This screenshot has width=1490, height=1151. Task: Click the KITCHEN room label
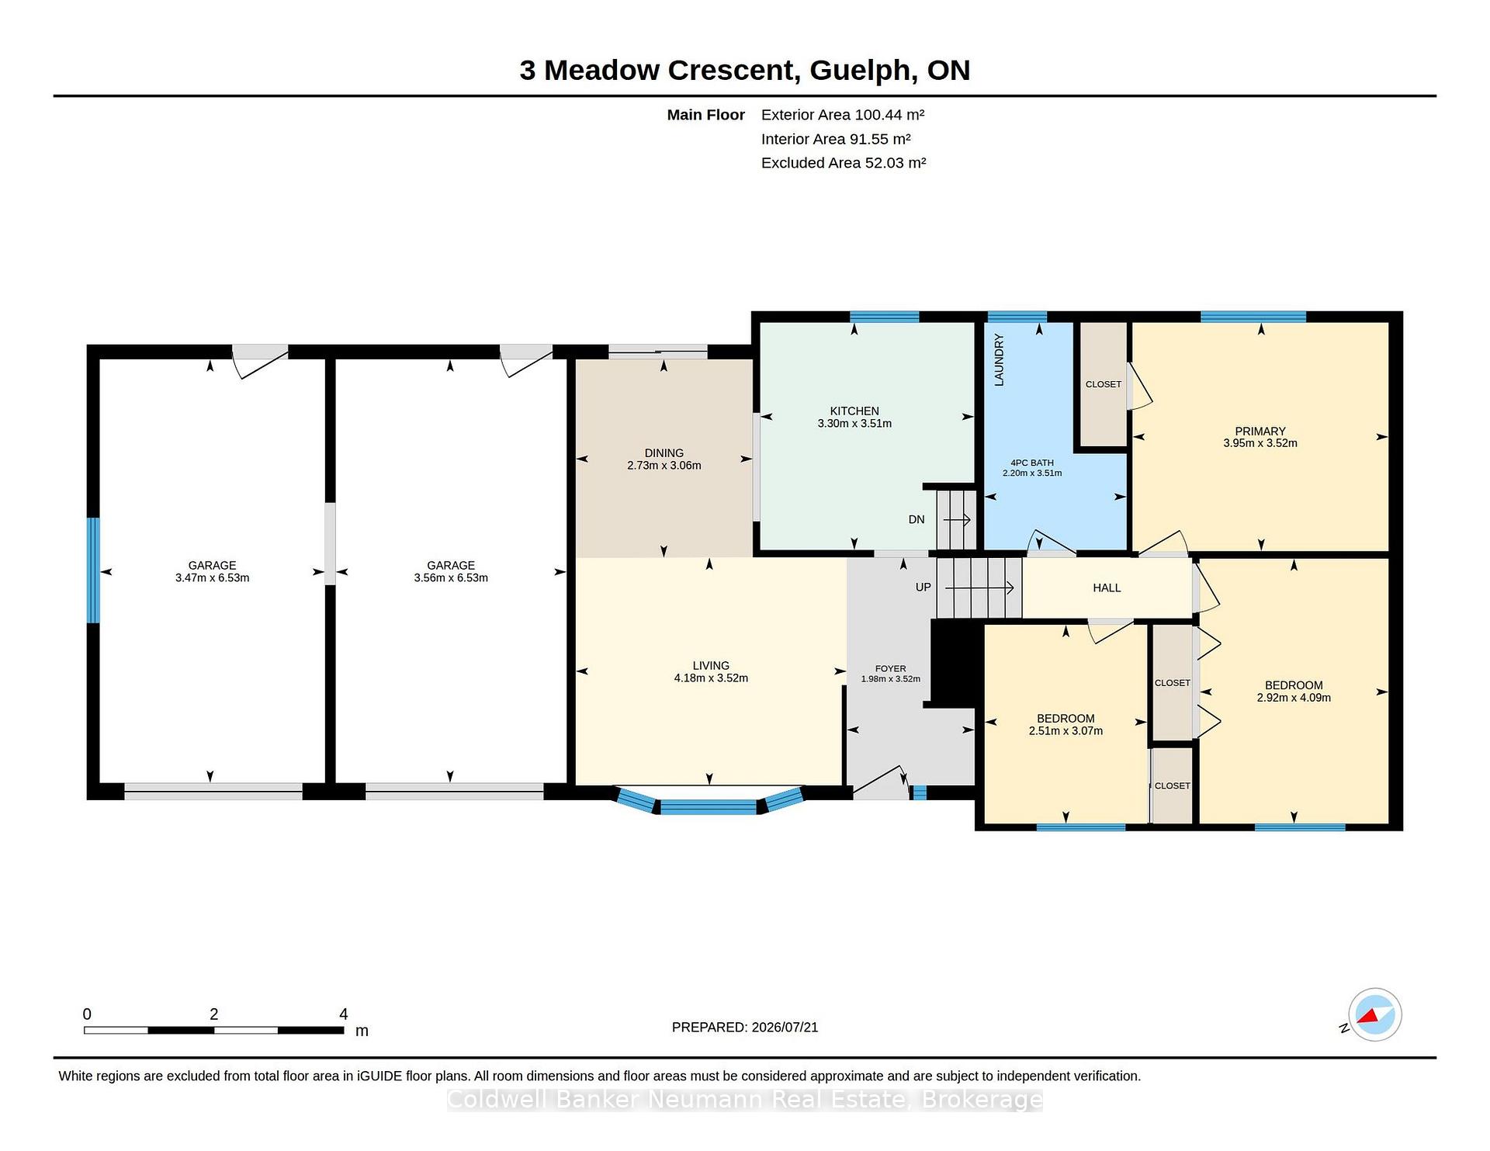pos(854,411)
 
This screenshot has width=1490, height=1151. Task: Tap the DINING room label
pos(664,453)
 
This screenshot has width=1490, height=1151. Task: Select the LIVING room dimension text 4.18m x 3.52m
pos(711,678)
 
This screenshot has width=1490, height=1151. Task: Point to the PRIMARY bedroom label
pos(1260,432)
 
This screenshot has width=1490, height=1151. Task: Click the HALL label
pos(1107,588)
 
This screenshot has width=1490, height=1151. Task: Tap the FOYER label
pos(891,668)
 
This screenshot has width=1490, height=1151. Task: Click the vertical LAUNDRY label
pos(1000,360)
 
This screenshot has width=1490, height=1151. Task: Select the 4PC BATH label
pos(1032,463)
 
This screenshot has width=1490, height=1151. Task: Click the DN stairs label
pos(917,520)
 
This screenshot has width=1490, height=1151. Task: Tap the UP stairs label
pos(923,588)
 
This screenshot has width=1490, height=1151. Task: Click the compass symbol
pos(1374,1014)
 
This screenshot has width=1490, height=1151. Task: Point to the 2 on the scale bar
pos(214,1014)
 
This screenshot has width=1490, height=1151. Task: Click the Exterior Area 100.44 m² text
pos(843,115)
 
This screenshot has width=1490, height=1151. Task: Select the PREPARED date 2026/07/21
pos(785,1028)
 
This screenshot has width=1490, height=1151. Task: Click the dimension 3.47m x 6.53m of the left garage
pos(213,578)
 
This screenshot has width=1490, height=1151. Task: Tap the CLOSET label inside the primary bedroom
pos(1104,384)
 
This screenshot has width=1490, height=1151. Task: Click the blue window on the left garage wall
pos(93,570)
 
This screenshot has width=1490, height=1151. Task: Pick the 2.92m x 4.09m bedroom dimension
pos(1294,698)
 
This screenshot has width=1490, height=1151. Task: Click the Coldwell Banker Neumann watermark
pos(745,1100)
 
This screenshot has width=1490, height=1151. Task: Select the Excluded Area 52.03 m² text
pos(844,163)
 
